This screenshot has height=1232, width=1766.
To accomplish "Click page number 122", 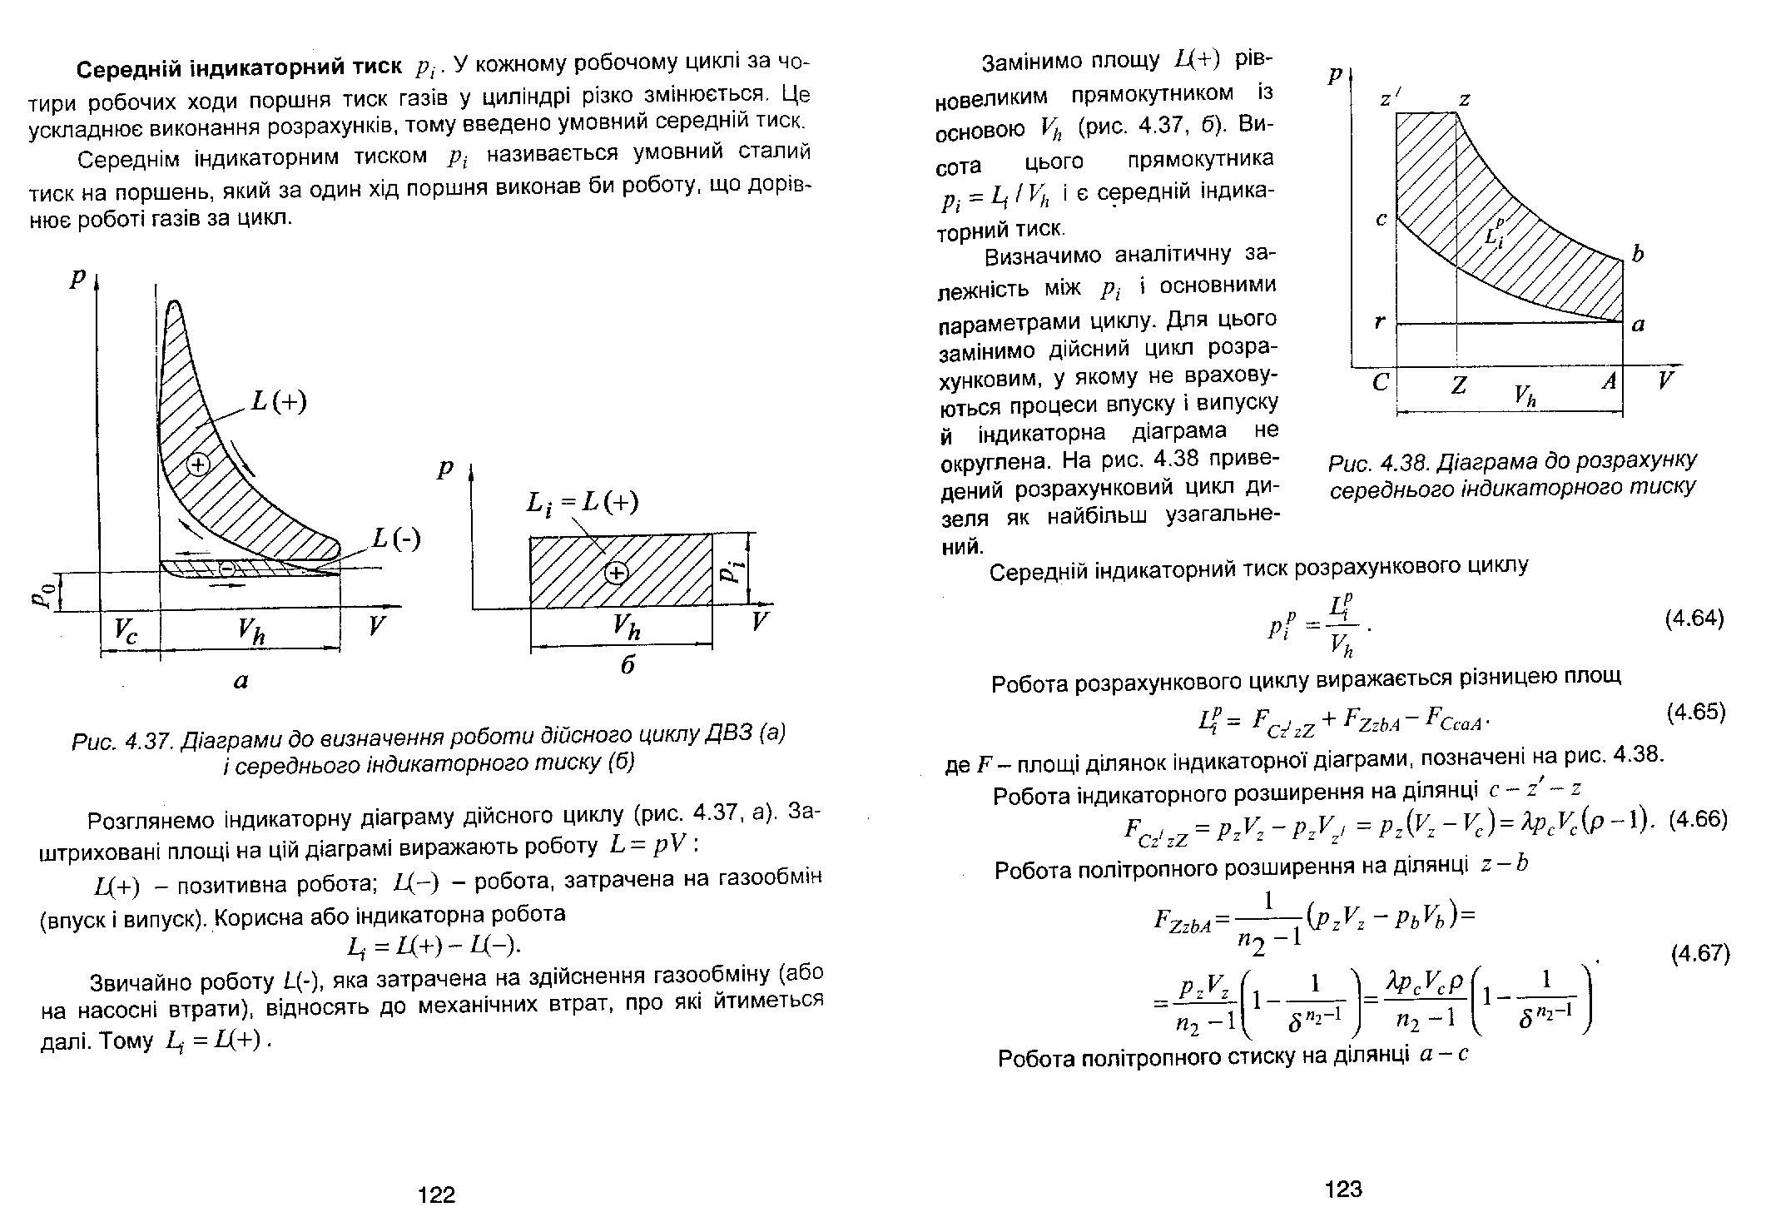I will click(437, 1195).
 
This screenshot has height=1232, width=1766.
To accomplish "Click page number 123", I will click(1344, 1189).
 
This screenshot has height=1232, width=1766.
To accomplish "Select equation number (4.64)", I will click(1694, 618).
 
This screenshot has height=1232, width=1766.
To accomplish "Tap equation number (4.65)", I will click(1696, 713).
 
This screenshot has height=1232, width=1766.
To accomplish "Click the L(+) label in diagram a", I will click(279, 403).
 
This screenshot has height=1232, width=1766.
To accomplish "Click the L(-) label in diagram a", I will click(397, 539).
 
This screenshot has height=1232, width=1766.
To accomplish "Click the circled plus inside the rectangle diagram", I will click(616, 573).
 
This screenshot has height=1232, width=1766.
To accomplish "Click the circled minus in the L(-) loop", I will click(227, 568).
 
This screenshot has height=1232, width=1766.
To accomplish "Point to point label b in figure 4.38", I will click(1637, 254).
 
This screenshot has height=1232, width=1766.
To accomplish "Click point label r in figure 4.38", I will click(1379, 322).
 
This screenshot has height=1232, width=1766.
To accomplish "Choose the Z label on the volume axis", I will click(1458, 385).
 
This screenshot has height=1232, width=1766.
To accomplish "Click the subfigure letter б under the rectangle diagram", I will click(628, 665).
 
